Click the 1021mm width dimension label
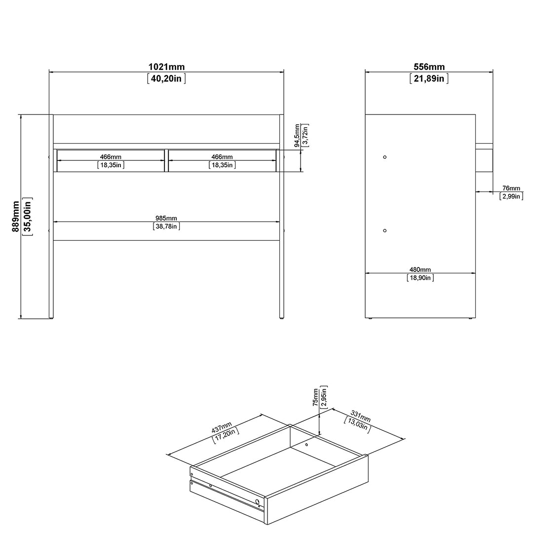166,67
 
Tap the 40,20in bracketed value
166,78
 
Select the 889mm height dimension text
16,216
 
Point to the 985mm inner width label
166,218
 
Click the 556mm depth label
429,67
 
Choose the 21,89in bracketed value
429,78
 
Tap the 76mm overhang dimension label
511,189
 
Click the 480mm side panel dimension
420,270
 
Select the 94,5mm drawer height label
297,135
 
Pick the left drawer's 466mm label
111,157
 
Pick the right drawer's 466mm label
222,157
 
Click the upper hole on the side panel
385,157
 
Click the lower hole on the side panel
385,230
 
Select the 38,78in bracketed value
166,227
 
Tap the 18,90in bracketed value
420,278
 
